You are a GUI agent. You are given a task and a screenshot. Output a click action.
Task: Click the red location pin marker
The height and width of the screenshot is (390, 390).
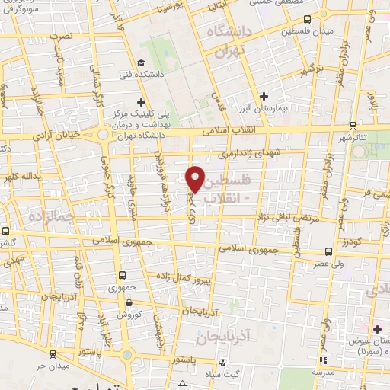(x=195, y=179)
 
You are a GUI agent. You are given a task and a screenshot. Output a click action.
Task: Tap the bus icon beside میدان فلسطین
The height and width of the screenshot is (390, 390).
(x=307, y=19)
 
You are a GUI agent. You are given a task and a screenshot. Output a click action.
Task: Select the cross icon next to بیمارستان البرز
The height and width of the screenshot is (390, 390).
(x=264, y=96)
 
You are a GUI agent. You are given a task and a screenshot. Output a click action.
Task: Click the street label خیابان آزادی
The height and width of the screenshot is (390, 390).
(x=54, y=135)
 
